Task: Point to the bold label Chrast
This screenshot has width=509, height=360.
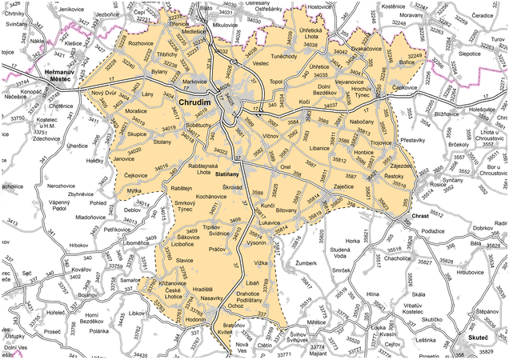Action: click(x=420, y=217)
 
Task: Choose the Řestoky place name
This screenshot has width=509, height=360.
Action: click(x=394, y=175)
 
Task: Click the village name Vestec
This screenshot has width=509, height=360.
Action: click(x=261, y=62)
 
